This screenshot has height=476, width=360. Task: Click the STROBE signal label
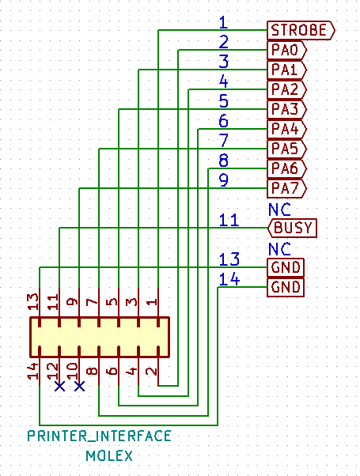click(301, 30)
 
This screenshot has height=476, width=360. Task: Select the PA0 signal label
click(286, 50)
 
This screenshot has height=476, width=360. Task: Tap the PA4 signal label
click(286, 129)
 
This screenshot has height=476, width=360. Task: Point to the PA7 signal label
click(286, 188)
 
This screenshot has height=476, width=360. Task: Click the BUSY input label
click(292, 228)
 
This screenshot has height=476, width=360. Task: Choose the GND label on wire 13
click(286, 267)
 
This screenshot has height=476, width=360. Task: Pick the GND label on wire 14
click(286, 287)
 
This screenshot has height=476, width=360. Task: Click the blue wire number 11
click(229, 220)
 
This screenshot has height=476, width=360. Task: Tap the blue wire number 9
click(224, 180)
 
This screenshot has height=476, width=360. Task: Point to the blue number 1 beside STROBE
click(224, 22)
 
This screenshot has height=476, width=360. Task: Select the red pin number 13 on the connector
click(33, 301)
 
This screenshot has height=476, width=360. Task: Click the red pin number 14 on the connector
click(33, 371)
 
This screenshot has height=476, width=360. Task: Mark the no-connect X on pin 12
click(59, 387)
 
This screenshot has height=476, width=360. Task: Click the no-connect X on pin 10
click(79, 387)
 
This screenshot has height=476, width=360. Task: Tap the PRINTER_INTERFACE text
click(100, 436)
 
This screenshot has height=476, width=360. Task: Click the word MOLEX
click(109, 456)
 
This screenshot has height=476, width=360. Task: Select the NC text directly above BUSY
click(279, 210)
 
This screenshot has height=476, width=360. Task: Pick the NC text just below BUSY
click(279, 249)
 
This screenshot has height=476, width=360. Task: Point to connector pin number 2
click(152, 371)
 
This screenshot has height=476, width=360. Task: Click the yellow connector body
click(100, 338)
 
